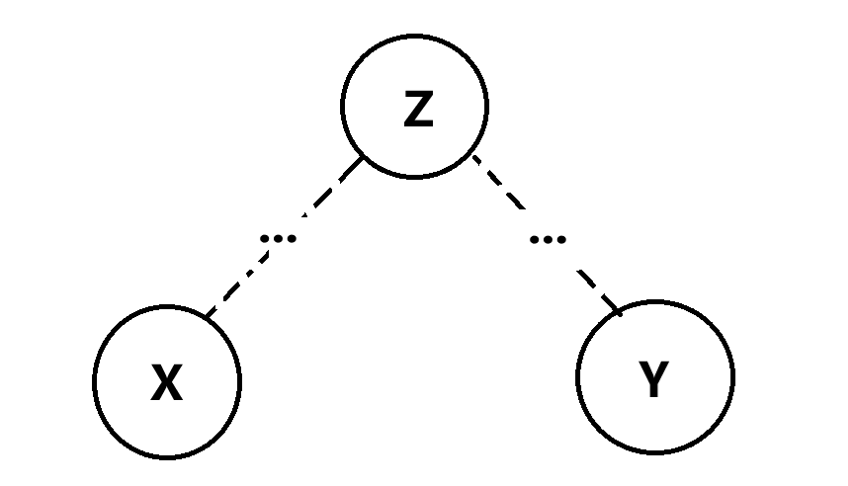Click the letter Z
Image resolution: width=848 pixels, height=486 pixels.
point(418,110)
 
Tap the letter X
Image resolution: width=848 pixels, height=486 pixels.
point(167,383)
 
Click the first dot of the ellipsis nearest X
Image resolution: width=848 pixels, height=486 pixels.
point(265,238)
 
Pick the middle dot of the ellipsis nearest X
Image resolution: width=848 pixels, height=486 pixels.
point(279,238)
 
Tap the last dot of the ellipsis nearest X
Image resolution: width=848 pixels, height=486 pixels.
point(293,238)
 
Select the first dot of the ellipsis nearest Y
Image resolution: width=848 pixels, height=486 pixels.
point(535,238)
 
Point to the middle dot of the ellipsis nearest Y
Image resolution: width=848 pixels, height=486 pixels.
point(549,238)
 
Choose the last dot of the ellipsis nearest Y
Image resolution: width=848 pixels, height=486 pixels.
point(562,238)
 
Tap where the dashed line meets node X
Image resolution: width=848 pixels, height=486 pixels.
point(207,316)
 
